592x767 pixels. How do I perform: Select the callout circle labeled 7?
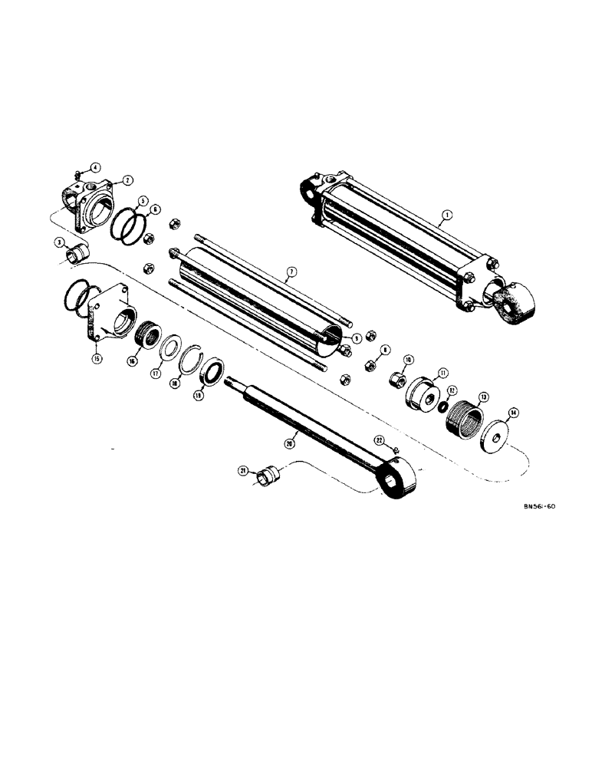[x=290, y=272]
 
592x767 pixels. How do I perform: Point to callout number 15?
[x=98, y=358]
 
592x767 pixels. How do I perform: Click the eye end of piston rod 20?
[x=399, y=483]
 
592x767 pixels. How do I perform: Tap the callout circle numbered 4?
[x=95, y=167]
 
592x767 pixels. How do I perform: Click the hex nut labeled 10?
[x=396, y=378]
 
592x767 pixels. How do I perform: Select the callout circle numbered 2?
[x=127, y=180]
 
